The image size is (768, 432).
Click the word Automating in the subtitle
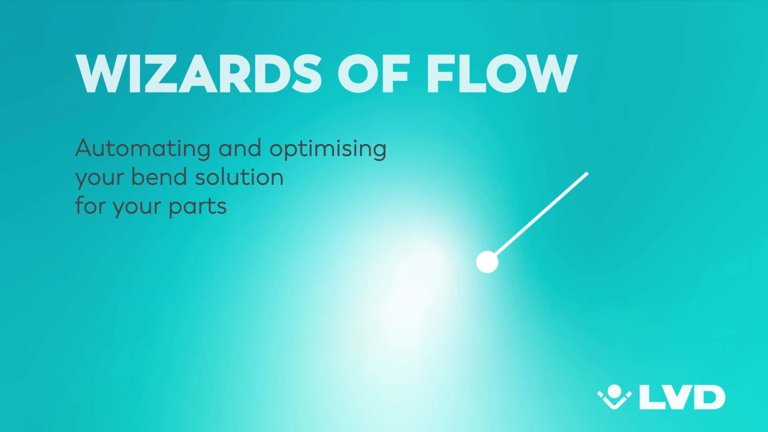pos(143,148)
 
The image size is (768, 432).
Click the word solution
pos(239,177)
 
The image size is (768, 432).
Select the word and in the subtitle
pos(240,148)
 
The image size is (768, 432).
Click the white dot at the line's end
pos(487,262)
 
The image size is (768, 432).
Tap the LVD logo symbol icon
pos(614,396)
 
